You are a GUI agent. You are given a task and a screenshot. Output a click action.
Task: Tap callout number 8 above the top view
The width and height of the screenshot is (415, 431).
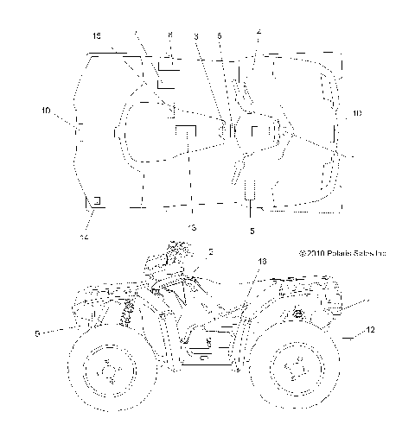pyautogui.click(x=169, y=35)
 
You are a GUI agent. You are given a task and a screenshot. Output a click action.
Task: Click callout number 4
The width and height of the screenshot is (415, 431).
pyautogui.click(x=259, y=32)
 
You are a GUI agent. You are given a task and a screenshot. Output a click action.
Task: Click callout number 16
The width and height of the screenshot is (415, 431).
pyautogui.click(x=264, y=260)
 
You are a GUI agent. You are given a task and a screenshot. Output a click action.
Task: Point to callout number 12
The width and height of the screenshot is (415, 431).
pyautogui.click(x=370, y=331)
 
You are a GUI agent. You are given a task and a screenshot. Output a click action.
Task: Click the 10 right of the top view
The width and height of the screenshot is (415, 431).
pyautogui.click(x=358, y=112)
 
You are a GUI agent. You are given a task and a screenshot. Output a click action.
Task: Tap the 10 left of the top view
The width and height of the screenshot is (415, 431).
pyautogui.click(x=46, y=111)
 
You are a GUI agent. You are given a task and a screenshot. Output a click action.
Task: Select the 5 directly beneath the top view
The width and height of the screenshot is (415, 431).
pyautogui.click(x=252, y=231)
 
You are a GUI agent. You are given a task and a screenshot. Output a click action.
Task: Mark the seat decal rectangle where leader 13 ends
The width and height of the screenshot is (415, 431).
pyautogui.click(x=186, y=130)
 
